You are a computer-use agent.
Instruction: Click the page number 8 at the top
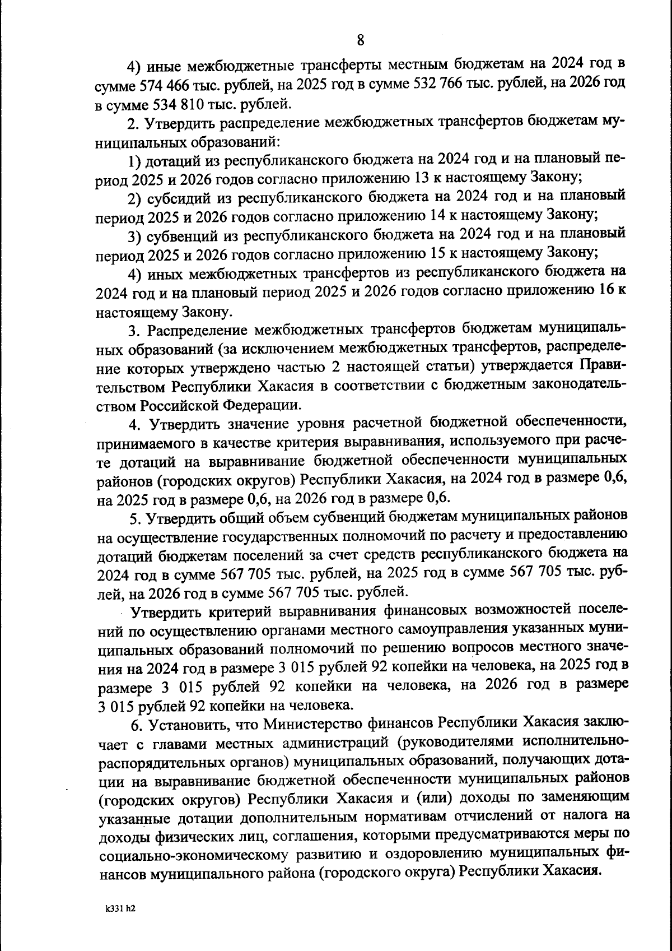360,40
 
